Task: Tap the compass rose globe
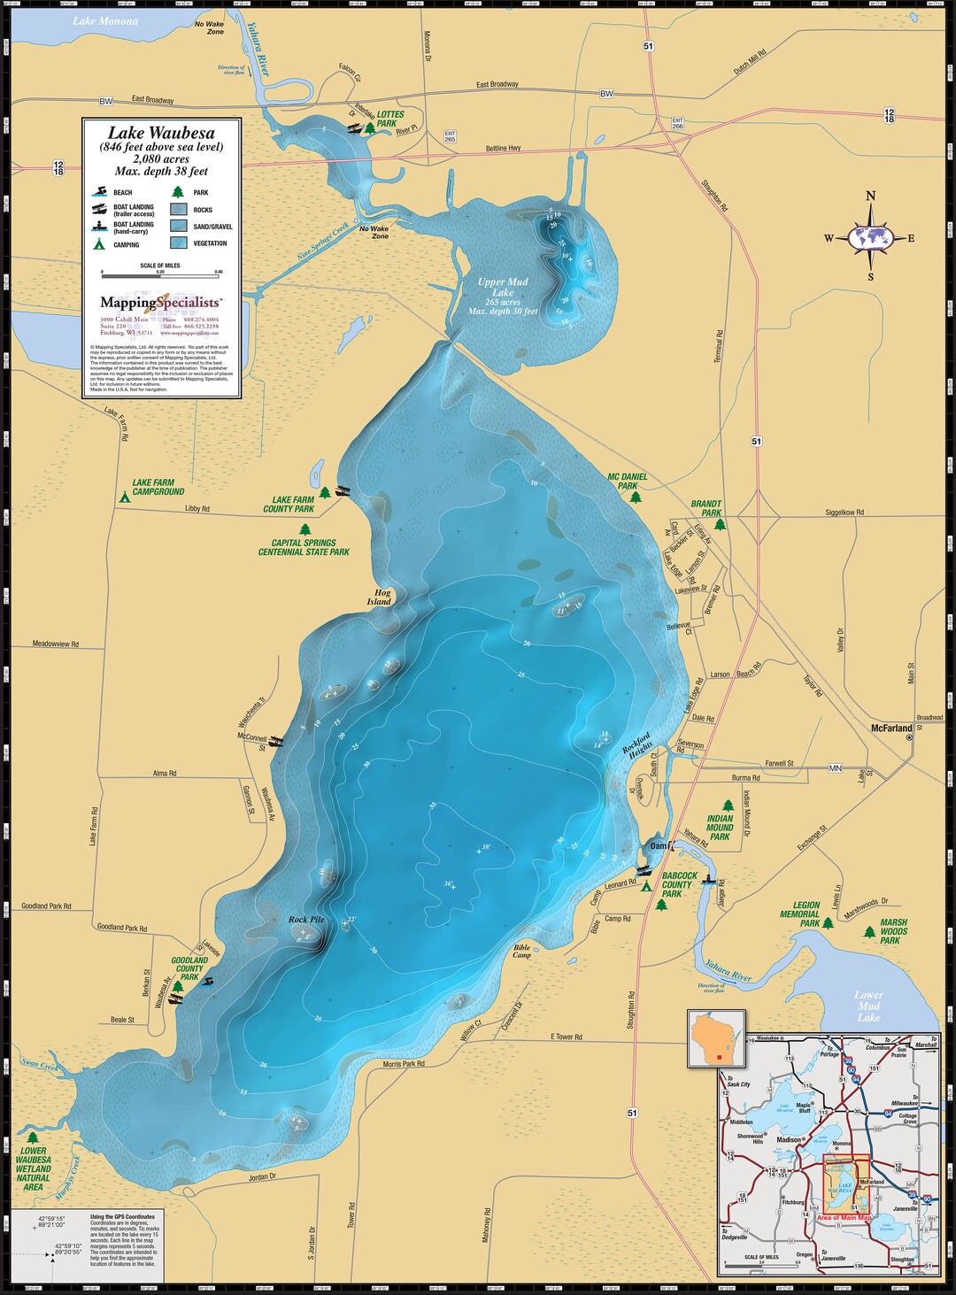(x=871, y=237)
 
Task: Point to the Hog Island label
(x=379, y=597)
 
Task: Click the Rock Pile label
(x=306, y=920)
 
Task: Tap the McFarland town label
(x=890, y=728)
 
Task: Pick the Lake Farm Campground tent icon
(x=124, y=497)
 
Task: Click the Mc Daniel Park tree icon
(x=636, y=497)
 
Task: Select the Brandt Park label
(x=705, y=508)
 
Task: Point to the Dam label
(x=658, y=846)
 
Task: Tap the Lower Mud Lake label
(x=868, y=1006)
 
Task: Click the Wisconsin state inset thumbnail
(x=716, y=1038)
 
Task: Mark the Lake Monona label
(x=105, y=21)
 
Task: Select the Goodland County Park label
(x=189, y=968)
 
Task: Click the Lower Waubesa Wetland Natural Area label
(x=33, y=1168)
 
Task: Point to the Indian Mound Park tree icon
(x=728, y=806)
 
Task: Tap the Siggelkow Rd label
(x=844, y=513)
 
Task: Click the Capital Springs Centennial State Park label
(x=304, y=547)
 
